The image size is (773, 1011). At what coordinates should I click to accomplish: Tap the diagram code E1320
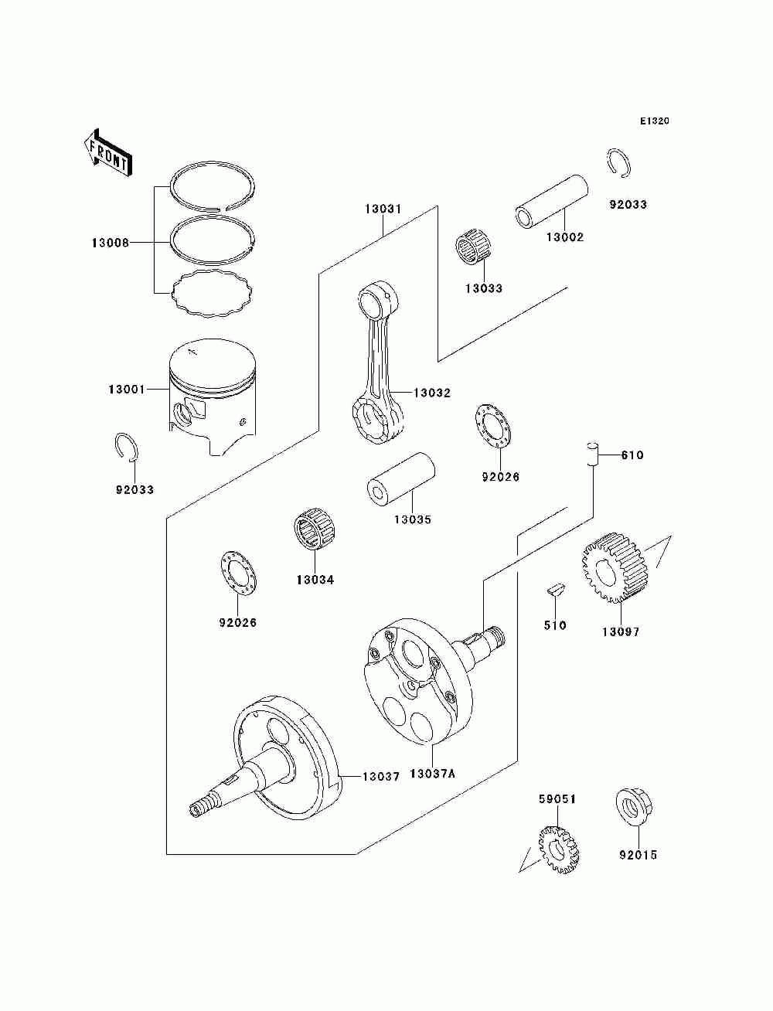click(x=654, y=121)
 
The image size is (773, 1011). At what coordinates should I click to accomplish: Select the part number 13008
click(x=111, y=243)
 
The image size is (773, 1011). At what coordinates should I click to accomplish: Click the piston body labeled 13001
click(x=213, y=396)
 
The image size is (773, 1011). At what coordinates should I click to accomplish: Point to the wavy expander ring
click(x=213, y=294)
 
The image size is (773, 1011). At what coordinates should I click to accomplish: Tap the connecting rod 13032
click(x=378, y=362)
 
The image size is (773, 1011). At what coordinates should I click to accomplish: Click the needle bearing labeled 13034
click(x=314, y=529)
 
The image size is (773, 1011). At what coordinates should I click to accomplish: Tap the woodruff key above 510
click(x=556, y=590)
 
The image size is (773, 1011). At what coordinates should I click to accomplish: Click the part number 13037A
click(x=432, y=774)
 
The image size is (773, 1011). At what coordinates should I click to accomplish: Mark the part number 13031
click(x=383, y=209)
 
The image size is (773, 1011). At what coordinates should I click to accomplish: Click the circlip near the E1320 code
click(x=618, y=162)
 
